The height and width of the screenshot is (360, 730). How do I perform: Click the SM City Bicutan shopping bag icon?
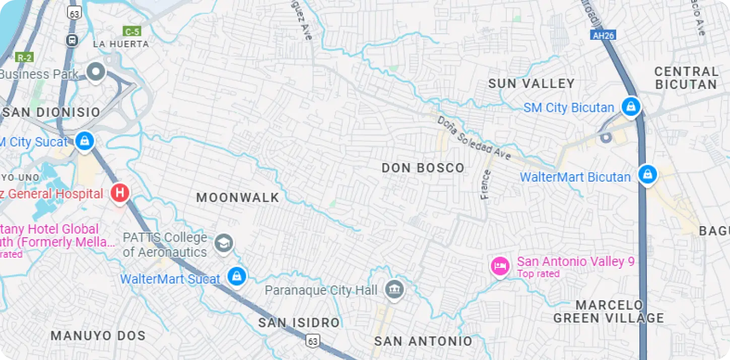[630, 107]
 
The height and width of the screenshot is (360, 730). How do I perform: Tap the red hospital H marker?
[120, 193]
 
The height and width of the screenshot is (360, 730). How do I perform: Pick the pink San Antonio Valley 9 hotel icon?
[499, 265]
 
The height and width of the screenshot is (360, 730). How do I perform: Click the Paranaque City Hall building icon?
[394, 290]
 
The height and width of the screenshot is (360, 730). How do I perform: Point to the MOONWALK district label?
[238, 197]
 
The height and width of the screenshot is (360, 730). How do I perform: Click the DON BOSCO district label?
[423, 168]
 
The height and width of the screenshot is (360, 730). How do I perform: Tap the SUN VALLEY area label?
[532, 84]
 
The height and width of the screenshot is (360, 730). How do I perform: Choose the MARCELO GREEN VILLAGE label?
[609, 312]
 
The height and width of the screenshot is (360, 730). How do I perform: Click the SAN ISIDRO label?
[299, 323]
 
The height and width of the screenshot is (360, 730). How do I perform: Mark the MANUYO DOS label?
[98, 335]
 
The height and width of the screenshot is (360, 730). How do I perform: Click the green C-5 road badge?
[132, 31]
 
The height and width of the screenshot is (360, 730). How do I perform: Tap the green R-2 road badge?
[24, 57]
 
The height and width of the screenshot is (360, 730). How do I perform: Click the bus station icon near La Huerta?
[72, 39]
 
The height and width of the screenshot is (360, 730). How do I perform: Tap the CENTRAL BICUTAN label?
[686, 78]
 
